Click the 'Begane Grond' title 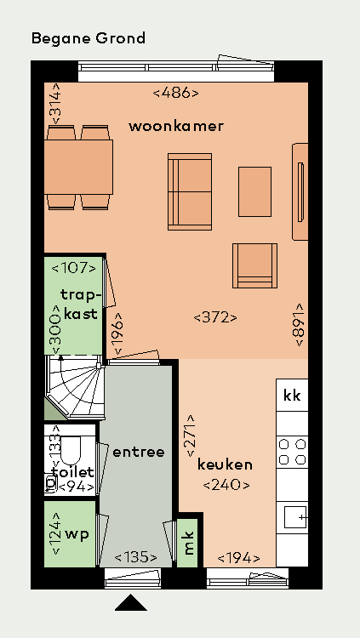(89, 38)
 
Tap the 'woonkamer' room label (176, 126)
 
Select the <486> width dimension (176, 94)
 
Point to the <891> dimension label (300, 324)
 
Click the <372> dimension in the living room (215, 317)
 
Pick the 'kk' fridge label (292, 395)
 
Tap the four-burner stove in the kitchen (292, 452)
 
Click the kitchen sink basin (294, 517)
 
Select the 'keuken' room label (225, 464)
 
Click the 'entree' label (139, 452)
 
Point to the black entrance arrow (131, 602)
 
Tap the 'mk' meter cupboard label (189, 544)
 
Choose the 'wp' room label (77, 534)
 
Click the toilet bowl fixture (71, 451)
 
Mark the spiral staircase (75, 386)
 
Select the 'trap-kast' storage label (80, 304)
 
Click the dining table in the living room (78, 167)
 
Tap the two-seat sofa (190, 191)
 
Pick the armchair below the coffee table (255, 265)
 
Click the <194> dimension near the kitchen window (238, 559)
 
